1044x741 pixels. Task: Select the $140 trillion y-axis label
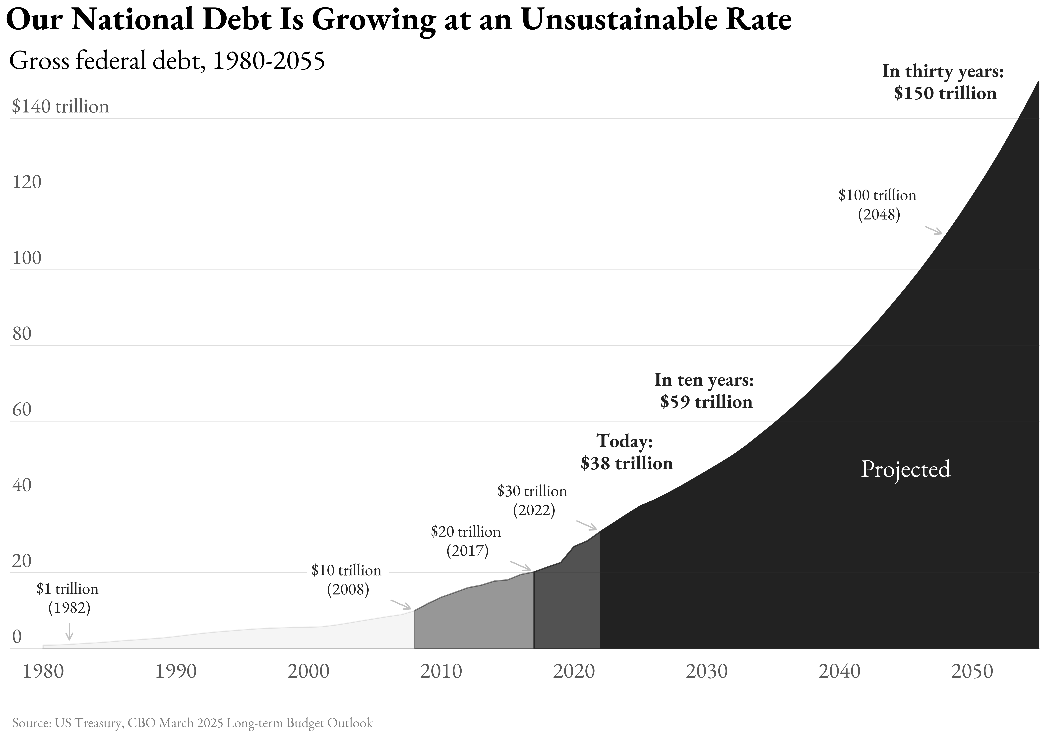(x=60, y=106)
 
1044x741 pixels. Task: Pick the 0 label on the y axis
(x=17, y=636)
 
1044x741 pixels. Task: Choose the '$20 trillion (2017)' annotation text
(x=466, y=541)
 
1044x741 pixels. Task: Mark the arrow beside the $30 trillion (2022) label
(x=587, y=525)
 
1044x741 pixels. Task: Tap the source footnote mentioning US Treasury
(x=192, y=723)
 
